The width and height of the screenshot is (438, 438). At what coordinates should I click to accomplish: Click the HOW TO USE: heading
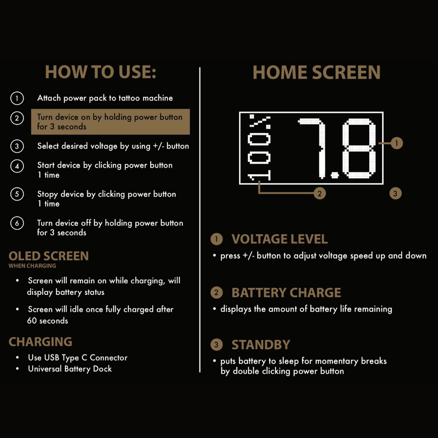pyautogui.click(x=101, y=72)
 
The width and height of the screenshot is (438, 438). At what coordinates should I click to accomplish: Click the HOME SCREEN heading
pyautogui.click(x=317, y=72)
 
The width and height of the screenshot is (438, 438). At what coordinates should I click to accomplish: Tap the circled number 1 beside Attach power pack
pyautogui.click(x=17, y=98)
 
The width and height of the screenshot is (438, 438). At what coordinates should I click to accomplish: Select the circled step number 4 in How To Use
pyautogui.click(x=17, y=166)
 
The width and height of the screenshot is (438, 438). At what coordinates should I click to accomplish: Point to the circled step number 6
pyautogui.click(x=17, y=223)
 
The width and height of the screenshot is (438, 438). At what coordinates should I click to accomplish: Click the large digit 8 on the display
pyautogui.click(x=359, y=148)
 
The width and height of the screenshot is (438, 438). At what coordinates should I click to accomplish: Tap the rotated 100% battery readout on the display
pyautogui.click(x=259, y=148)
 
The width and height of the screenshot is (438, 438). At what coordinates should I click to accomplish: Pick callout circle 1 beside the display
pyautogui.click(x=396, y=143)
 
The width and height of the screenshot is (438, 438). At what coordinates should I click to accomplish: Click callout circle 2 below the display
pyautogui.click(x=320, y=193)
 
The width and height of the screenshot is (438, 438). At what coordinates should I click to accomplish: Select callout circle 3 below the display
pyautogui.click(x=395, y=193)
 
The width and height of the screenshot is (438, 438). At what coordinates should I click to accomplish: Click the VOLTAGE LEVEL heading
pyautogui.click(x=279, y=239)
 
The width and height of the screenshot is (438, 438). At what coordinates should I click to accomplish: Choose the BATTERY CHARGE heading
pyautogui.click(x=286, y=293)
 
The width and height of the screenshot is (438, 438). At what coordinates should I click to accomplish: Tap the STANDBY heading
pyautogui.click(x=261, y=345)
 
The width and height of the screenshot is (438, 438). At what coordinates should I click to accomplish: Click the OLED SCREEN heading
pyautogui.click(x=49, y=256)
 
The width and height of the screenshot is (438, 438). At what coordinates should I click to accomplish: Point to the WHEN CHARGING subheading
pyautogui.click(x=32, y=266)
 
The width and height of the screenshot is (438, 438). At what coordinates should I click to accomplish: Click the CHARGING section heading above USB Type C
pyautogui.click(x=40, y=342)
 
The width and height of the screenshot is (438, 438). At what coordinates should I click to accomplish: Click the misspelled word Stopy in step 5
pyautogui.click(x=47, y=194)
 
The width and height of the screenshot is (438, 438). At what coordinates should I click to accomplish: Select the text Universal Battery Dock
pyautogui.click(x=70, y=369)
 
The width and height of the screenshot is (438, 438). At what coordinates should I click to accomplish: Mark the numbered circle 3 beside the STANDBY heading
pyautogui.click(x=216, y=345)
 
